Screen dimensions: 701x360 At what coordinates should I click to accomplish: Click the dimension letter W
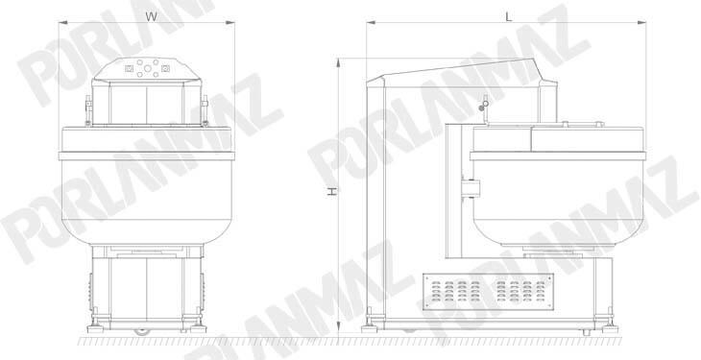tap(152, 16)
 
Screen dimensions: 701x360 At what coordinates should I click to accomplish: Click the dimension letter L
tap(508, 16)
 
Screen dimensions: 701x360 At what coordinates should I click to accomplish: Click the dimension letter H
tap(331, 191)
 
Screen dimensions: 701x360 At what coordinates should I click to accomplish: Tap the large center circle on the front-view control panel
tap(148, 68)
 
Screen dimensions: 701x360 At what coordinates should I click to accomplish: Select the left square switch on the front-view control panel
tap(130, 68)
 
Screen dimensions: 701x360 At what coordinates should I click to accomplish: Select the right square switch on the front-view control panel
tap(165, 68)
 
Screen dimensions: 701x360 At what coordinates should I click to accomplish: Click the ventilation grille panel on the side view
tap(489, 292)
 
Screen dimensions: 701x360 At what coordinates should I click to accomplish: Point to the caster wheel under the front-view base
tap(142, 331)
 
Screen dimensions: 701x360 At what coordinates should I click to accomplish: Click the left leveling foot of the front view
tap(95, 328)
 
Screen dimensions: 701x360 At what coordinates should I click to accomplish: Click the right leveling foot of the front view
tap(199, 328)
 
